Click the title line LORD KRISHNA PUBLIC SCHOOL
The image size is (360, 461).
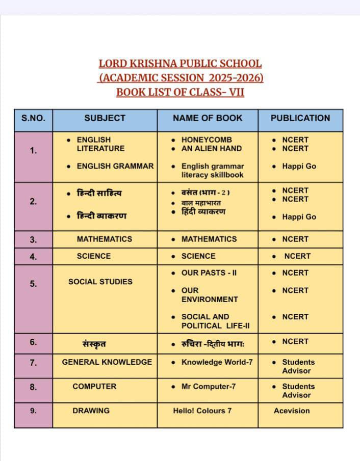(180, 64)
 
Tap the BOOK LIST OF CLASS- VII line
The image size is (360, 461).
(180, 93)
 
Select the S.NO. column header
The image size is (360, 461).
(33, 118)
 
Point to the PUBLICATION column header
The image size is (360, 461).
(300, 118)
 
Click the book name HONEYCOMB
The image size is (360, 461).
(207, 140)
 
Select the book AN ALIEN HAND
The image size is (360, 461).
(211, 148)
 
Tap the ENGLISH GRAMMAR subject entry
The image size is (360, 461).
(115, 166)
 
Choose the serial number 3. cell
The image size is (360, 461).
(33, 239)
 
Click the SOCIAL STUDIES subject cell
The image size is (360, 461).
(100, 282)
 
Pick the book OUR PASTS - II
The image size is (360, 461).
(209, 273)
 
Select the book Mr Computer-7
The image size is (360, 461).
(209, 387)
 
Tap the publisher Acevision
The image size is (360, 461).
(292, 411)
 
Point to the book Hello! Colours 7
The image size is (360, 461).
(202, 411)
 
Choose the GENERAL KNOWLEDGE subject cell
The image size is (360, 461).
(107, 362)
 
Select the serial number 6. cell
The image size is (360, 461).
(33, 342)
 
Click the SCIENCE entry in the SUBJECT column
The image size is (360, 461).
(93, 256)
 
